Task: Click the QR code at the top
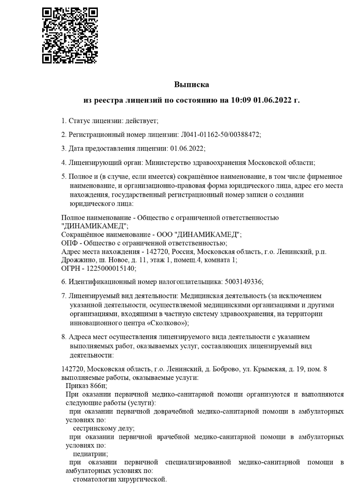click(x=69, y=35)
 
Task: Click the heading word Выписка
click(x=192, y=84)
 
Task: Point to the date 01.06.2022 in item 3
click(x=186, y=148)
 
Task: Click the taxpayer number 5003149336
click(x=242, y=282)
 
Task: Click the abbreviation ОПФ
click(x=69, y=243)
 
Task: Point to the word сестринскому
click(x=93, y=428)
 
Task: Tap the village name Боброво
click(x=208, y=369)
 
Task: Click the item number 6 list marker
click(x=64, y=282)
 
